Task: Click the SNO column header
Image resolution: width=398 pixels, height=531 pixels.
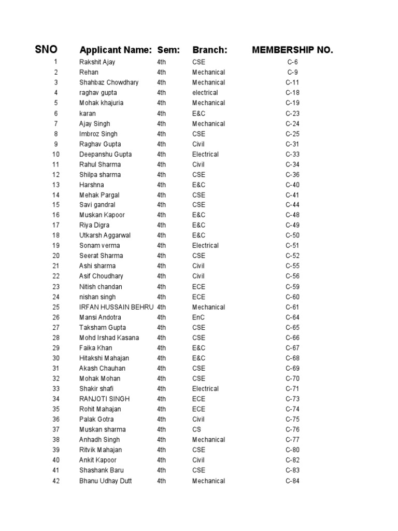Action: (46, 50)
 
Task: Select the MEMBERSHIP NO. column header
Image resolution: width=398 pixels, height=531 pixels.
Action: (292, 50)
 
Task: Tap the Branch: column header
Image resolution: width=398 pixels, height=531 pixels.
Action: (210, 50)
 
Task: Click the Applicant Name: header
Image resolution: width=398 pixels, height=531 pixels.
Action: (115, 50)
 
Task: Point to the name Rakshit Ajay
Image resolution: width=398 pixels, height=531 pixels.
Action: (97, 62)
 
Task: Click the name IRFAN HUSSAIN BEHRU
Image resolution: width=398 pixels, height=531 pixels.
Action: (116, 307)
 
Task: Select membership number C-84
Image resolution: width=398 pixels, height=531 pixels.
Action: (292, 481)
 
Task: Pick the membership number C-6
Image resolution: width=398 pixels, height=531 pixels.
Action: (292, 62)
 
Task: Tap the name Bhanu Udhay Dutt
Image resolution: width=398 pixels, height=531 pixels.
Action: (105, 481)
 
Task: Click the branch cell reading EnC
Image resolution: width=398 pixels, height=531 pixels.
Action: (198, 317)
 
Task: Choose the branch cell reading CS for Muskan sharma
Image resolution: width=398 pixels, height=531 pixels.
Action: (196, 429)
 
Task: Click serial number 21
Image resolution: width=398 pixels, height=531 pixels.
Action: (56, 266)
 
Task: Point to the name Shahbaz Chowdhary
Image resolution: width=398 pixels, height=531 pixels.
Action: (109, 82)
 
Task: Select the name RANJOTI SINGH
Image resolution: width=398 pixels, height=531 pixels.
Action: (104, 399)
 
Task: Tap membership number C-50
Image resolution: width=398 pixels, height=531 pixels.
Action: (292, 235)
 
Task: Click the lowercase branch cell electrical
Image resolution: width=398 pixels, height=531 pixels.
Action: (205, 93)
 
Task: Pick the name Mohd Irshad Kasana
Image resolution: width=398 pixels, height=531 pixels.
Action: (109, 338)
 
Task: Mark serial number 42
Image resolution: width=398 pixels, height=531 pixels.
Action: (56, 481)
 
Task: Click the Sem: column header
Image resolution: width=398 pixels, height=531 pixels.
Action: (168, 50)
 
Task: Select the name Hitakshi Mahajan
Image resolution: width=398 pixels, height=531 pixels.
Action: (104, 358)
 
